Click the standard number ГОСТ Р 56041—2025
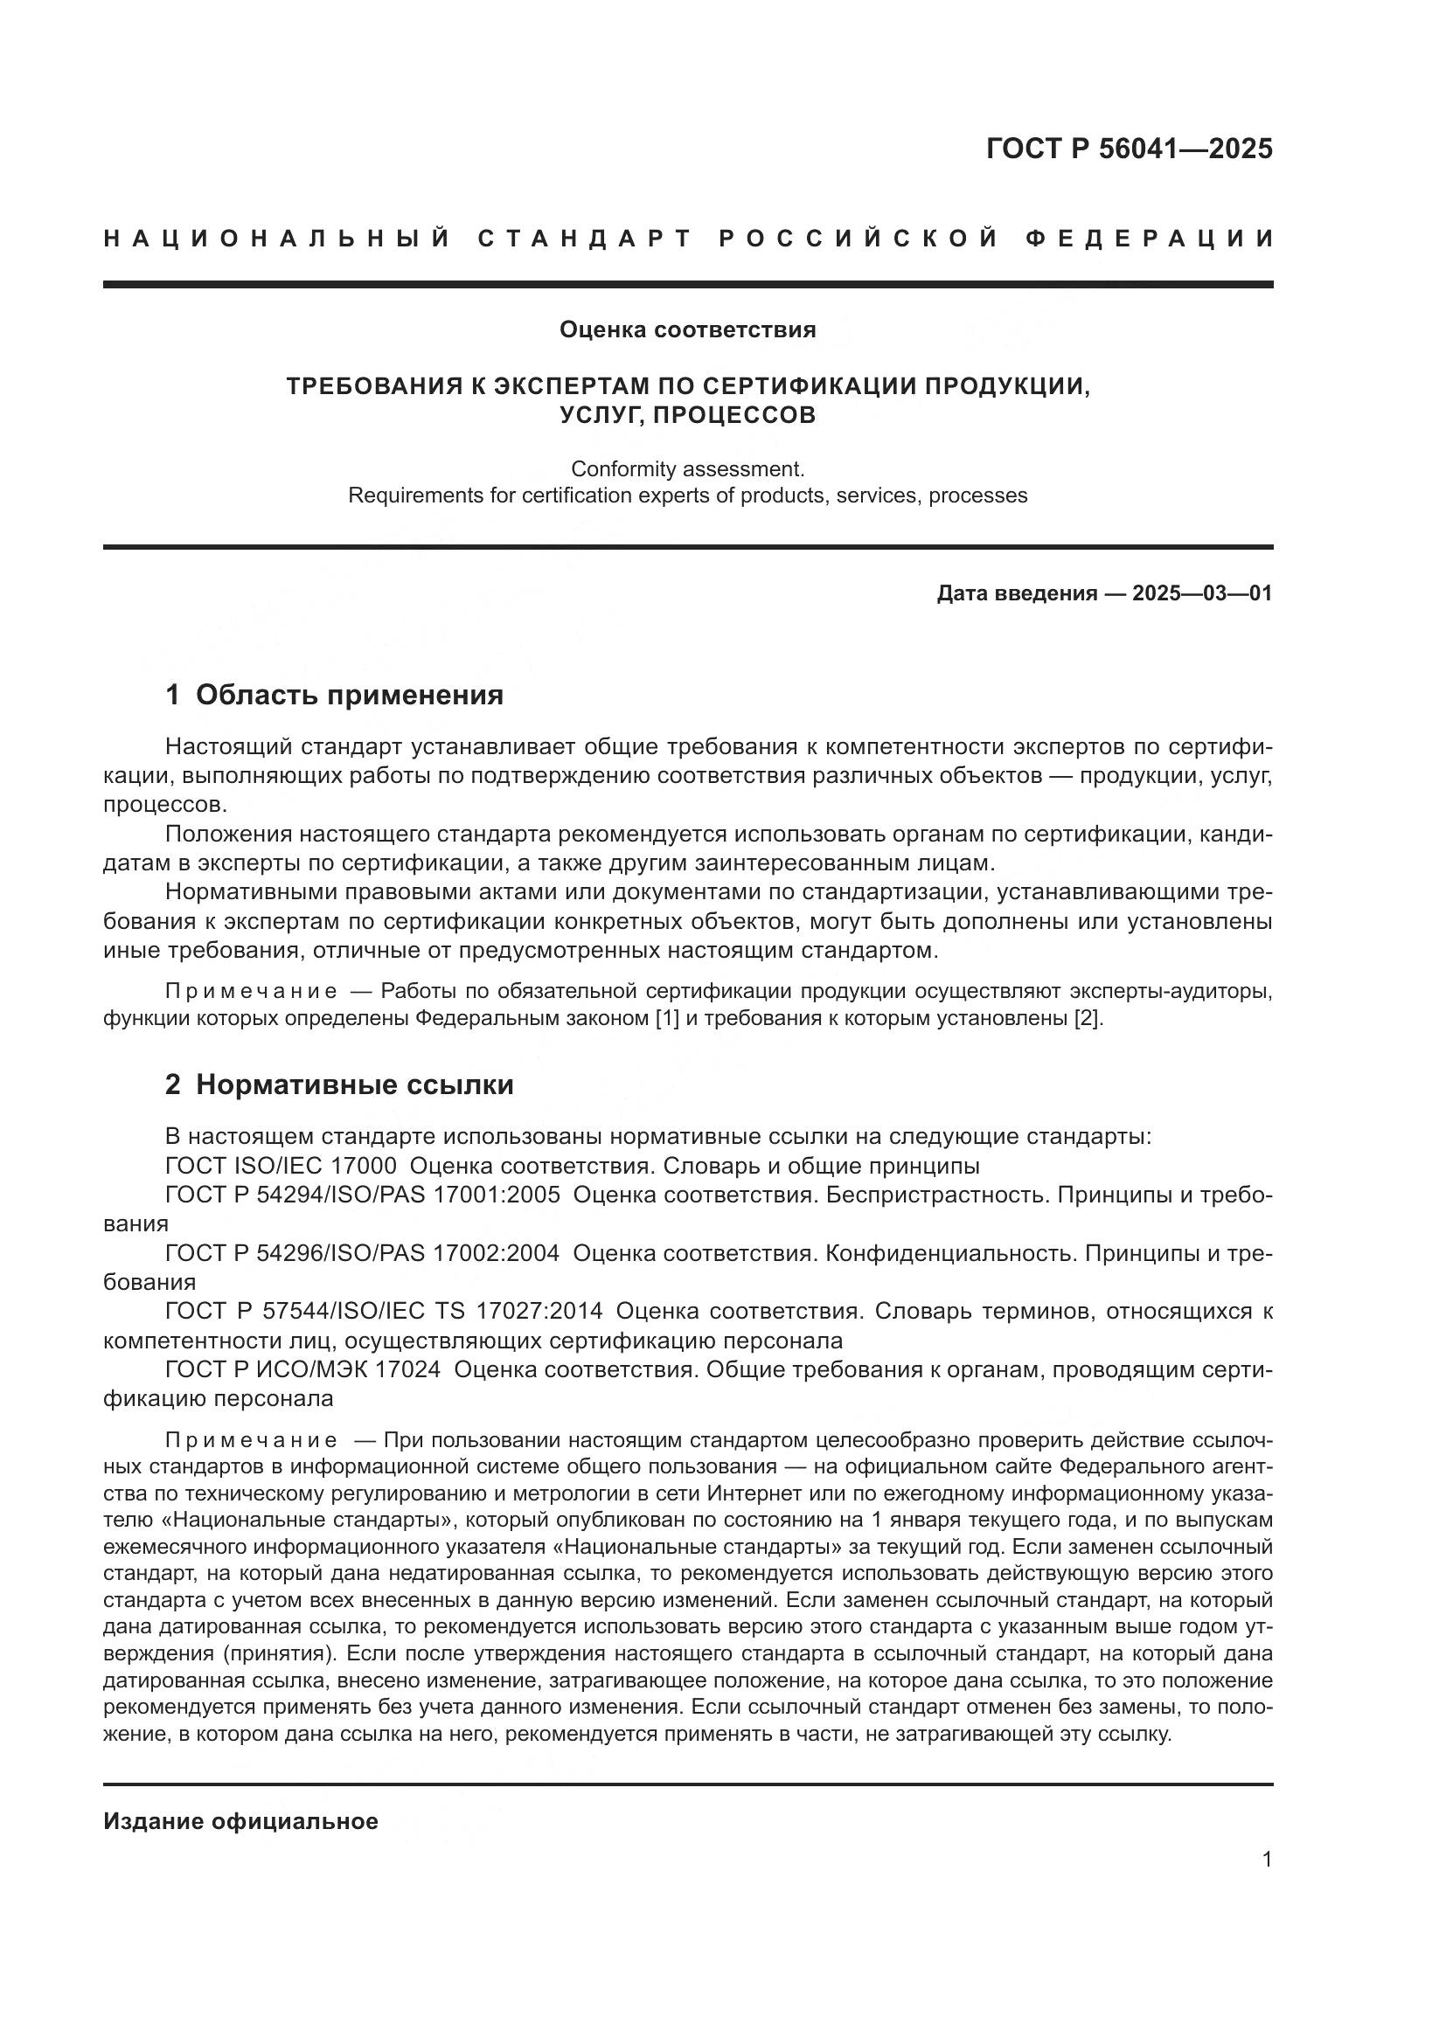point(1129,149)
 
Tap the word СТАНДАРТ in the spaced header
point(585,239)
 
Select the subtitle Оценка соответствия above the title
point(687,330)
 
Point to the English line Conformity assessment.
point(687,468)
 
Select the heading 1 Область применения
point(335,696)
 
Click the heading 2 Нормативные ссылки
point(339,1085)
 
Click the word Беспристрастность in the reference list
point(936,1195)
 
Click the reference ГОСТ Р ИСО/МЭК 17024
point(302,1370)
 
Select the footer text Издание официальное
point(240,1821)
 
